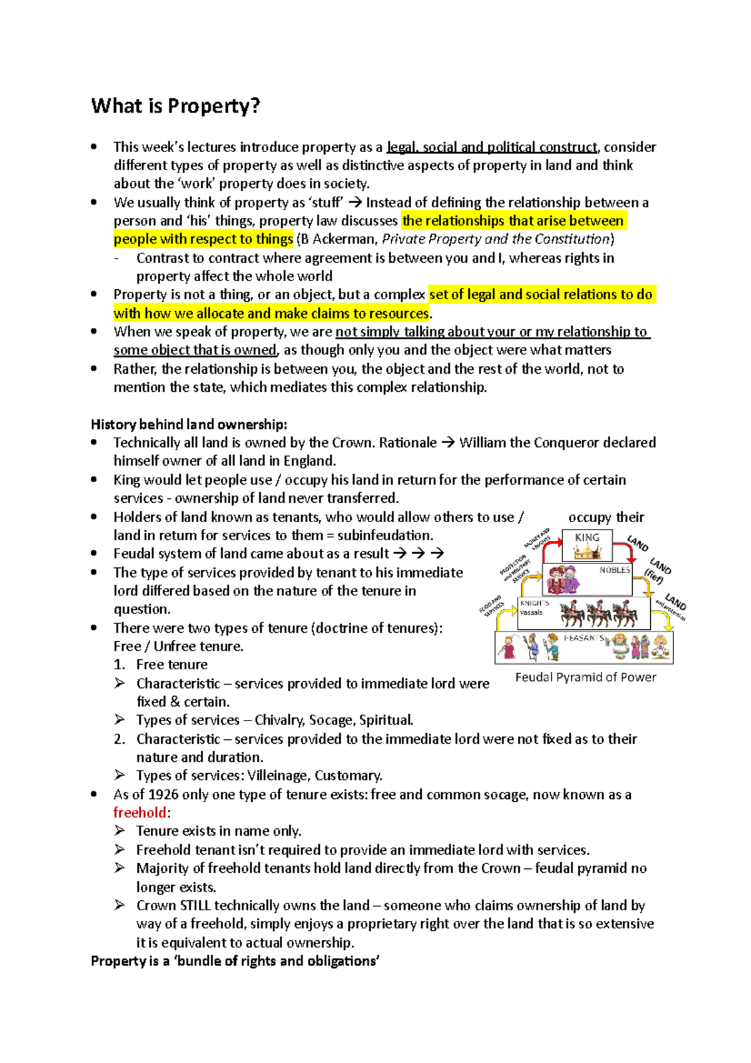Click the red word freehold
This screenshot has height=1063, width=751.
point(140,813)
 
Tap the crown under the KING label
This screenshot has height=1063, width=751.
point(587,552)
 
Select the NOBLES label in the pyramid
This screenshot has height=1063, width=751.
point(615,570)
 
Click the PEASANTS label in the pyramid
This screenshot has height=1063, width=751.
point(584,638)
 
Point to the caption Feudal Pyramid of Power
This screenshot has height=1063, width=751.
point(586,677)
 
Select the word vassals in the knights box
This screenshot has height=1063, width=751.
point(531,612)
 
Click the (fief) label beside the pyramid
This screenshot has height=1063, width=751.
point(653,577)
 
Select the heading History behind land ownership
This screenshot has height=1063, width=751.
point(189,424)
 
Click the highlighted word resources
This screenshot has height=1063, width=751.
point(398,313)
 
